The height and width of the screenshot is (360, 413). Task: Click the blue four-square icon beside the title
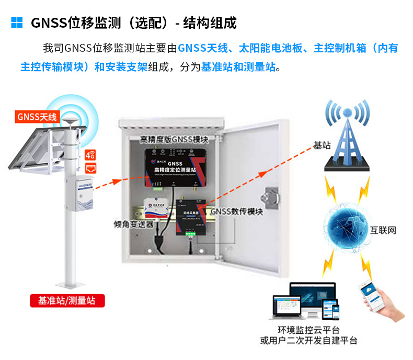click(17, 22)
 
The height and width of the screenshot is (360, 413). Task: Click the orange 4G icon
click(90, 155)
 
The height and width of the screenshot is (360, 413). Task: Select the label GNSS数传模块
click(237, 212)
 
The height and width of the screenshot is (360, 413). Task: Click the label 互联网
click(383, 230)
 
